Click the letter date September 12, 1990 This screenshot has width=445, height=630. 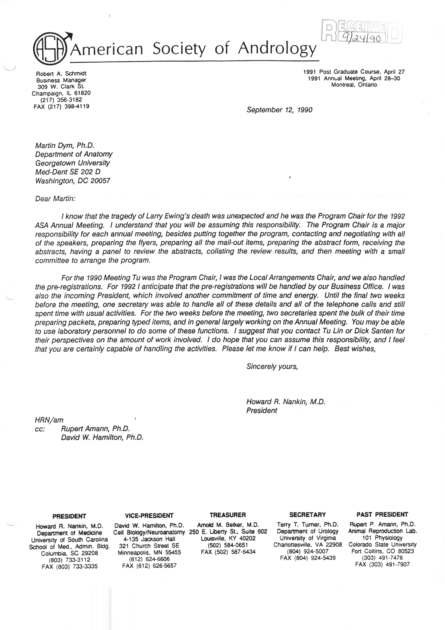279,110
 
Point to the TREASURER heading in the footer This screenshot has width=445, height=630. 228,515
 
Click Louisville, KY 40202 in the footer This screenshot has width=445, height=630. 228,538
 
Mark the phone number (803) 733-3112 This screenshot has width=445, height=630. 69,560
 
